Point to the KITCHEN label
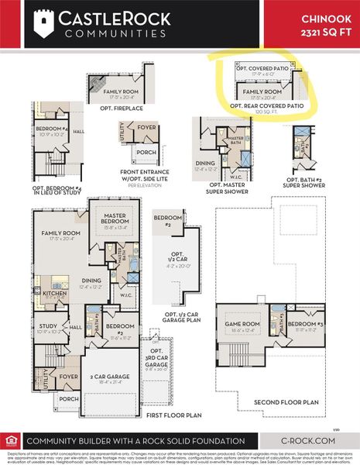[54, 294]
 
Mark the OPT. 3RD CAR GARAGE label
[156, 359]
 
